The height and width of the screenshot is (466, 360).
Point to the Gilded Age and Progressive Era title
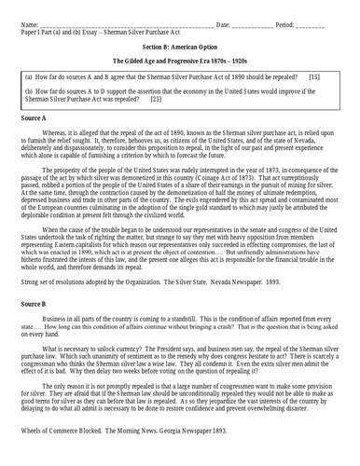click(x=180, y=58)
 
